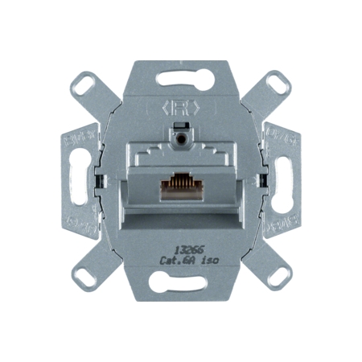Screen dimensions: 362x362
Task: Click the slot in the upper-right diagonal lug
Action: pyautogui.click(x=276, y=83)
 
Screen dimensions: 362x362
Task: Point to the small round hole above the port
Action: pyautogui.click(x=182, y=138)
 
